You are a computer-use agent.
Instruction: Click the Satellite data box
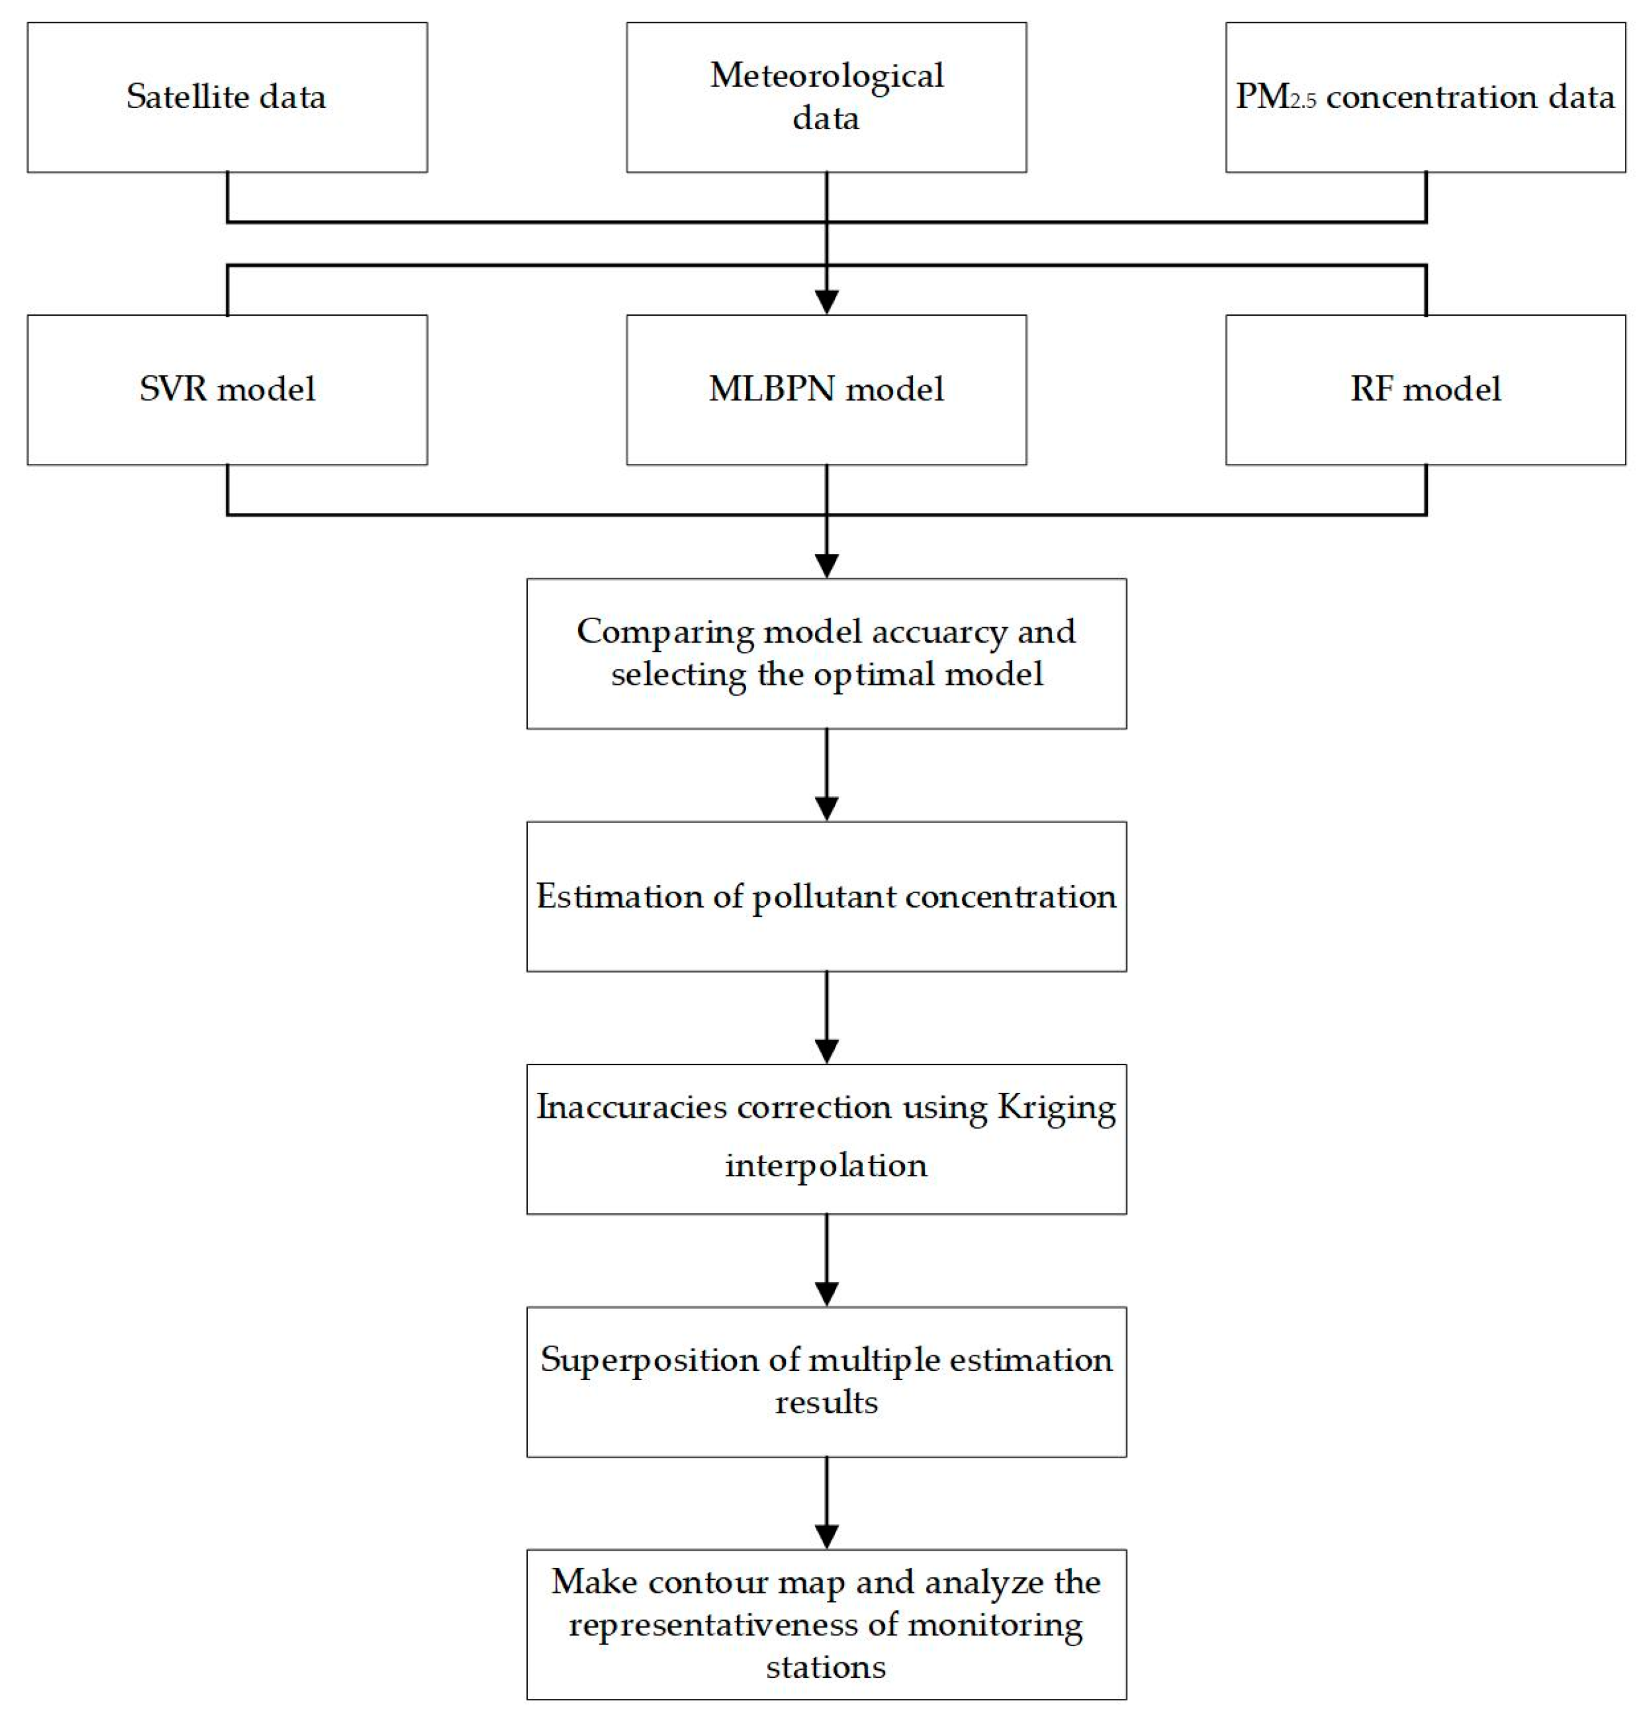226,97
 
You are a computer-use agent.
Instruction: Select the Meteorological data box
826,97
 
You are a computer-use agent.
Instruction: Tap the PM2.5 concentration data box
1425,97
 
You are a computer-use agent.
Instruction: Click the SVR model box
226,389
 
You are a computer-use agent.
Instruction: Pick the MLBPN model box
826,389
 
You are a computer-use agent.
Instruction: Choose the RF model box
1425,389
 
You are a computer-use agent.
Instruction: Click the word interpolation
826,1166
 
